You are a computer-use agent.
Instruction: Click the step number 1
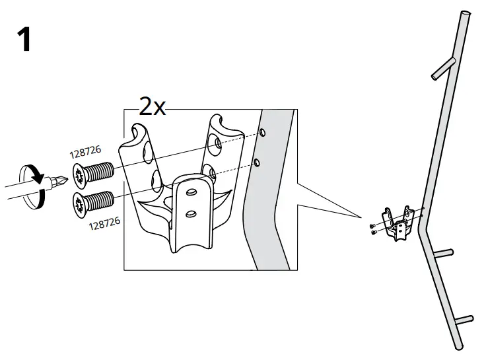pos(24,40)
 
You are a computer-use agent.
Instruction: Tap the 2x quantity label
pos(152,106)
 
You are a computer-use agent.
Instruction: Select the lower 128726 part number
pos(104,225)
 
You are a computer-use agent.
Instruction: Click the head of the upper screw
pos(79,174)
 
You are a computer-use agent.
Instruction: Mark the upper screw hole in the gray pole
pos(262,133)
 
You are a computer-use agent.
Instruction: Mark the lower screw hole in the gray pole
pos(257,162)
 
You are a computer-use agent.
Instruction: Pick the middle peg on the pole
pos(443,252)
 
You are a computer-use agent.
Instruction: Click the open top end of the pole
pos(466,14)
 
